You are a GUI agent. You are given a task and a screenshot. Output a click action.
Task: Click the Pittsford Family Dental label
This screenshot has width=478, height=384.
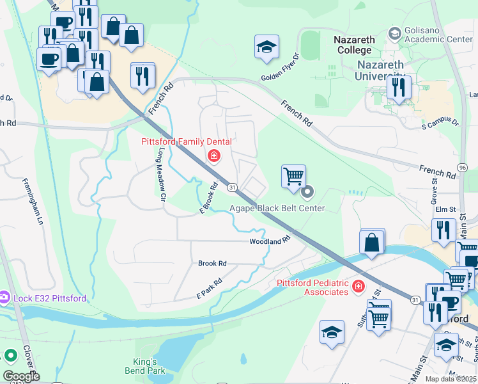(x=186, y=141)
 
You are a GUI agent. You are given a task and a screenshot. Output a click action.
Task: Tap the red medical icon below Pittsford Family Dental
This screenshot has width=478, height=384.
(x=213, y=156)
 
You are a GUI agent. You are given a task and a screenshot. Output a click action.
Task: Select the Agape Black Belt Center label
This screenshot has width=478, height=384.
(x=277, y=208)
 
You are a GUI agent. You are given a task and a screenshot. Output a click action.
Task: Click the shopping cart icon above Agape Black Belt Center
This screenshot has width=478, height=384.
(x=293, y=176)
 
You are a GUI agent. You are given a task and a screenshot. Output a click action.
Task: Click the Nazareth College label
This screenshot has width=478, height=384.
(x=353, y=45)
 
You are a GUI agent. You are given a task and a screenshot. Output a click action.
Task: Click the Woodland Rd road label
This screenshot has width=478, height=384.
(x=270, y=241)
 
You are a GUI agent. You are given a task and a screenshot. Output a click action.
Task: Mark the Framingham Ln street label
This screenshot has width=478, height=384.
(x=33, y=200)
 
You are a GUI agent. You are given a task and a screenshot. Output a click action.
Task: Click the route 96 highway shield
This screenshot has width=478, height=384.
(x=462, y=168)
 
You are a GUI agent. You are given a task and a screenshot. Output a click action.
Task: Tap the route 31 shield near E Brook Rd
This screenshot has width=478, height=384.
(x=233, y=186)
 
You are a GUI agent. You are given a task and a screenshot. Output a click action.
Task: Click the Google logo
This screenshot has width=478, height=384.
(x=21, y=376)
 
